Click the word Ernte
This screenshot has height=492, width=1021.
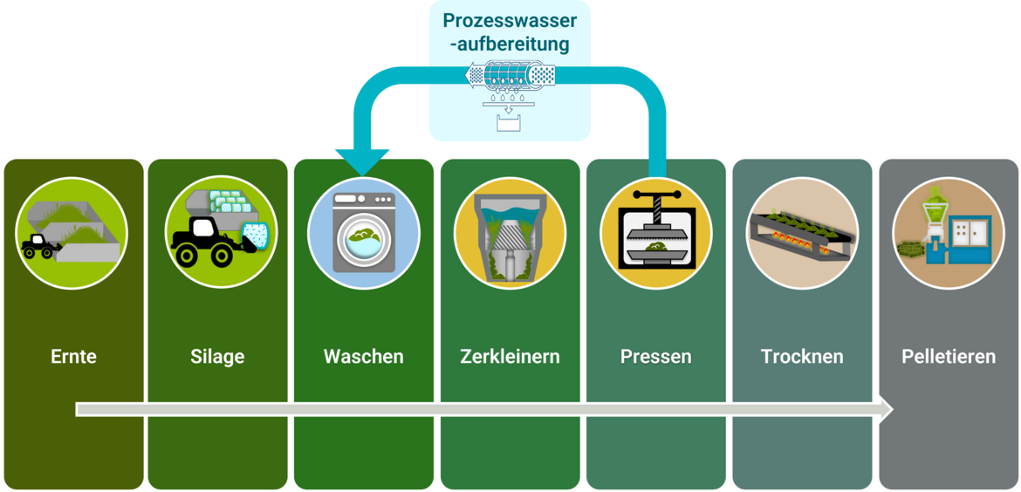tap(73, 357)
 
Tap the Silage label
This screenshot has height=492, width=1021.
tap(217, 357)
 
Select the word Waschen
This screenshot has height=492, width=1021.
tap(364, 357)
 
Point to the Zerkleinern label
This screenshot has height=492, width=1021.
tap(510, 357)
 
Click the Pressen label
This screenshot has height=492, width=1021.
tap(655, 357)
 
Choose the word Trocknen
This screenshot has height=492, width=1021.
tap(802, 357)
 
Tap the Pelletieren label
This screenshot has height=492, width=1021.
tap(948, 357)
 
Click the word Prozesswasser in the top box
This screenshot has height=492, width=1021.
tap(510, 20)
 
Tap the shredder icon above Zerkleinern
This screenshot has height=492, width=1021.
tap(510, 233)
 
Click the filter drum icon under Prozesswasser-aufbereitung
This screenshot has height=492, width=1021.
tap(510, 75)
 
